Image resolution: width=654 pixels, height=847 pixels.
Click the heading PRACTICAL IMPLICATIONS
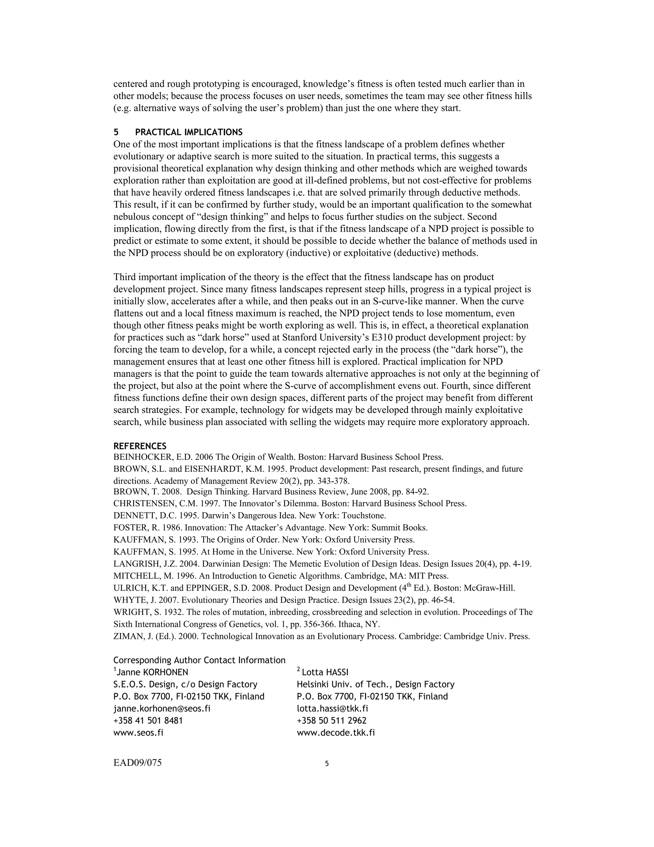(x=189, y=132)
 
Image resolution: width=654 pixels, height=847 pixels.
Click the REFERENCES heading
(x=140, y=446)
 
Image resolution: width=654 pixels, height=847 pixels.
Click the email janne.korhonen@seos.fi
(x=162, y=709)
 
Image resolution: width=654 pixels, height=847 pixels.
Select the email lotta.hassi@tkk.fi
(x=332, y=709)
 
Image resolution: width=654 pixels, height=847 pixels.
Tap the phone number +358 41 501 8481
(x=148, y=720)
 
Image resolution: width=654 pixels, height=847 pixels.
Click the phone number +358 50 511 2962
(x=332, y=720)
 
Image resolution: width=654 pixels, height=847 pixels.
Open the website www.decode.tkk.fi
(x=336, y=733)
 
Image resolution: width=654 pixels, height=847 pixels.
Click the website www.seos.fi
(x=138, y=733)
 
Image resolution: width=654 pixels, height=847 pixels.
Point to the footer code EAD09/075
(x=138, y=763)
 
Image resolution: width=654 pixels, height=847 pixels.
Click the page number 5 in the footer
(x=327, y=764)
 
